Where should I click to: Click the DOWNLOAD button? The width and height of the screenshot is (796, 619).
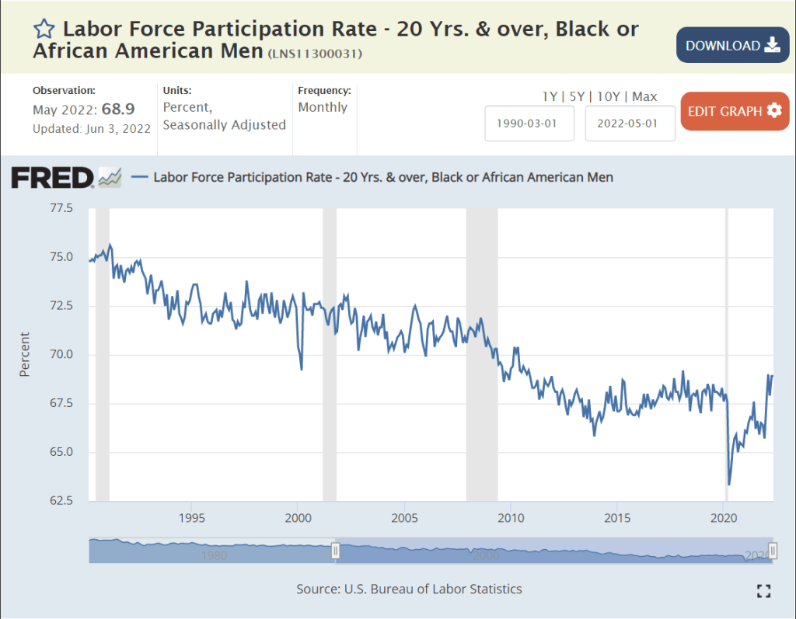point(732,45)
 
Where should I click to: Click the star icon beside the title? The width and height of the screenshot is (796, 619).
point(44,30)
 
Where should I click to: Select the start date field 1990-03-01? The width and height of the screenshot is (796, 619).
point(529,123)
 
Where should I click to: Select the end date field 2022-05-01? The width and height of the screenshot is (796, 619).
point(630,123)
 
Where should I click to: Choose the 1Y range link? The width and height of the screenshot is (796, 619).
point(550,96)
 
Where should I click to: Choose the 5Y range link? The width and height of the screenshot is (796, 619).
point(575,96)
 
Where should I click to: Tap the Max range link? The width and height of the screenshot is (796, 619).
point(644,96)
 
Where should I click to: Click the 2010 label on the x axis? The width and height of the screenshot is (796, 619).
point(510,517)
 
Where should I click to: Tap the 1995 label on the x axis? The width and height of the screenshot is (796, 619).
point(191,517)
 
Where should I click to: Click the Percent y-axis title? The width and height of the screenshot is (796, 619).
point(25,354)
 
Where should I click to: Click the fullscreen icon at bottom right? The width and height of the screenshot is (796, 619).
point(763,591)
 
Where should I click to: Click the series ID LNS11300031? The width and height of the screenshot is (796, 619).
point(315,54)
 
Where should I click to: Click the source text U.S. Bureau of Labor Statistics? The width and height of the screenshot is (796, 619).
point(433,589)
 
